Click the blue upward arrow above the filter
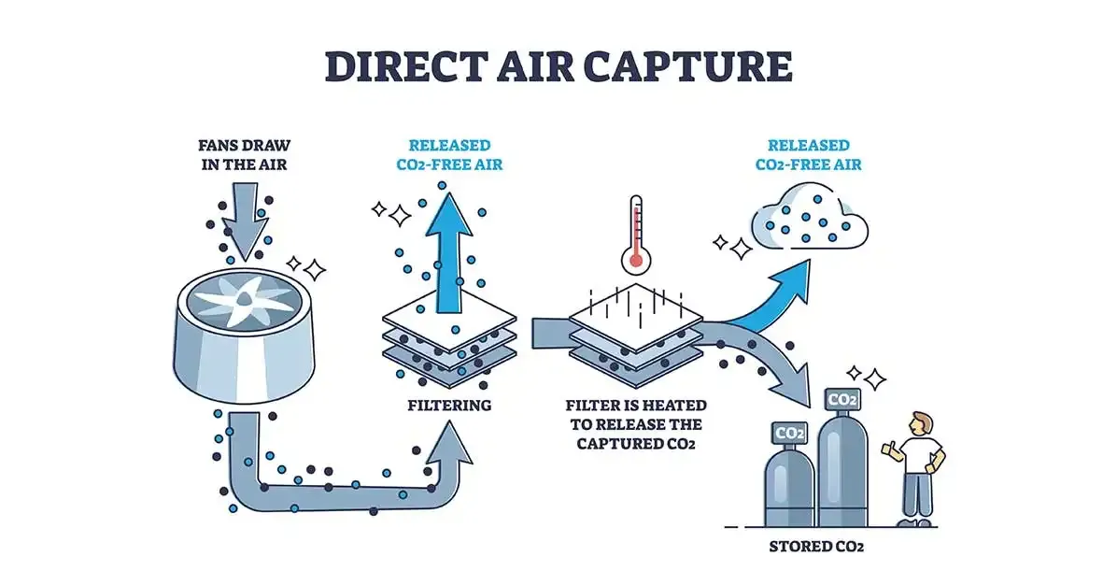click(451, 252)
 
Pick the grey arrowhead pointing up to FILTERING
click(450, 440)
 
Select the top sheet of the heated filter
click(635, 314)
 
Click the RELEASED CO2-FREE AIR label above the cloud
click(809, 155)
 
